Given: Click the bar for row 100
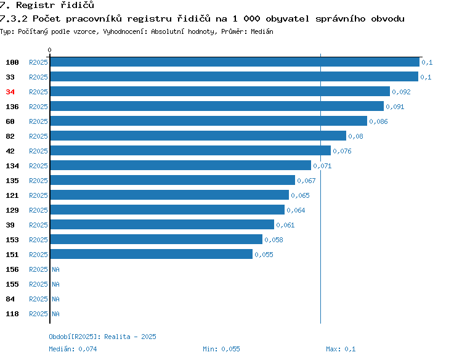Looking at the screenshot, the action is [x=235, y=62].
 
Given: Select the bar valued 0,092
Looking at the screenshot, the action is [x=220, y=91].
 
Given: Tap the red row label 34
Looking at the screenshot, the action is [x=10, y=92].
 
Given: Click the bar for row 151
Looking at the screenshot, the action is [x=152, y=254].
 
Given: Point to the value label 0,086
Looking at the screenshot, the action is [x=378, y=121].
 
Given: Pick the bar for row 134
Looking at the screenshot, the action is [x=180, y=165].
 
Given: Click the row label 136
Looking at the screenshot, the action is [x=12, y=107].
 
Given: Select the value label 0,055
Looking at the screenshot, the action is [x=264, y=255].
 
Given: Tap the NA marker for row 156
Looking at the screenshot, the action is [x=55, y=269].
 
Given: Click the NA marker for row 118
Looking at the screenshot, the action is [x=55, y=314].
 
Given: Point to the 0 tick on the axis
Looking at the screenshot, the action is [x=49, y=50].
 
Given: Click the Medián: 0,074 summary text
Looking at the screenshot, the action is [x=73, y=349].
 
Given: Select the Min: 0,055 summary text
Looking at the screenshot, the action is [x=221, y=349].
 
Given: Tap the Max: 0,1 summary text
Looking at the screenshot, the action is [x=341, y=349].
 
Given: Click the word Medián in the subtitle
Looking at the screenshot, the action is [x=262, y=31].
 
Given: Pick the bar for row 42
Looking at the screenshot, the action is [x=190, y=150].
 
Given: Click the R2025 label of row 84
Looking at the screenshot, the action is [x=38, y=299].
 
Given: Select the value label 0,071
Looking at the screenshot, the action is [x=322, y=166].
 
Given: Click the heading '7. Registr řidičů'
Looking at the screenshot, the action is [x=47, y=5].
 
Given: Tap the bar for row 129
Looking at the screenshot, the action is [x=168, y=210].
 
